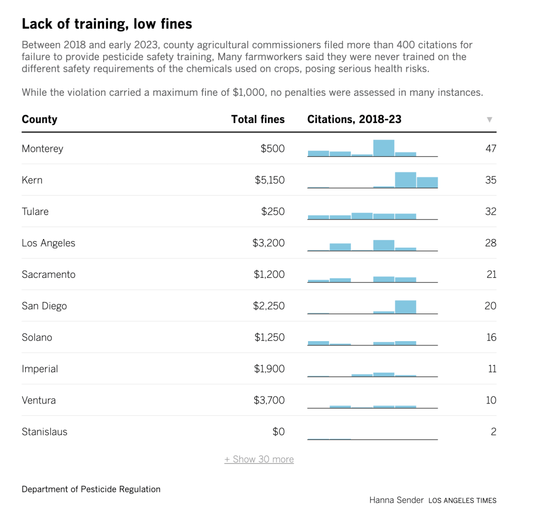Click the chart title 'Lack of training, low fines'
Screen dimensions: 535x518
coord(107,24)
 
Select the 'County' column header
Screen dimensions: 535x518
coord(40,119)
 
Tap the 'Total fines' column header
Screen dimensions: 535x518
coord(258,119)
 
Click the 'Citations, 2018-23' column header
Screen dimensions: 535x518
coord(354,119)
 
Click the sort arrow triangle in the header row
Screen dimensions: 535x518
coord(490,119)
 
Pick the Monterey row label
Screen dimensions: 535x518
coord(42,149)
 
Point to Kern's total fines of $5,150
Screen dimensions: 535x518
coord(269,180)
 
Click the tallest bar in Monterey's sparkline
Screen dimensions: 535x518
coord(384,148)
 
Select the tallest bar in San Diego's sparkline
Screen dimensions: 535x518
coord(405,307)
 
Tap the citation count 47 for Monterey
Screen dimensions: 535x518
coord(491,149)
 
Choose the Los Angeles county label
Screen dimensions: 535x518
coord(49,243)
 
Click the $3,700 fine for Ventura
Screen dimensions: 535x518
coord(269,400)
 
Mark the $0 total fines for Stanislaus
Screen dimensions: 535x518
coord(278,432)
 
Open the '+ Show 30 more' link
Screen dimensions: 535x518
coord(259,459)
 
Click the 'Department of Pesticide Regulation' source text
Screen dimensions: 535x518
coord(91,489)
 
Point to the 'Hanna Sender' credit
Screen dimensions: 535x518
coord(396,500)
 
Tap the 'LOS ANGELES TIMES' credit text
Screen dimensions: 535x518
coord(462,501)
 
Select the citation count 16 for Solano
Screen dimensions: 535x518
coord(491,337)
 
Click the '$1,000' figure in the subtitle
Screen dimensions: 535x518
coord(248,93)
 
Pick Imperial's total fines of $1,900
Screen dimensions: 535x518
coord(269,368)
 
